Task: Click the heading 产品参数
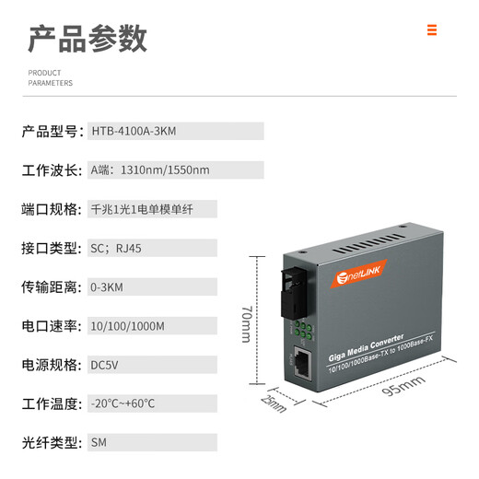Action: (88, 39)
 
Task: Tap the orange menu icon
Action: (431, 30)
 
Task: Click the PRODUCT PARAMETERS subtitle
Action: (50, 78)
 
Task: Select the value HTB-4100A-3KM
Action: (134, 132)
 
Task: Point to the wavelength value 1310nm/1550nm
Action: (150, 170)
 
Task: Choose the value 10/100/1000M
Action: (128, 326)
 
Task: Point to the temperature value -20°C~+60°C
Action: (123, 403)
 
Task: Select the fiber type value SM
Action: (99, 442)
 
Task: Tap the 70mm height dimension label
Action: (246, 322)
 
